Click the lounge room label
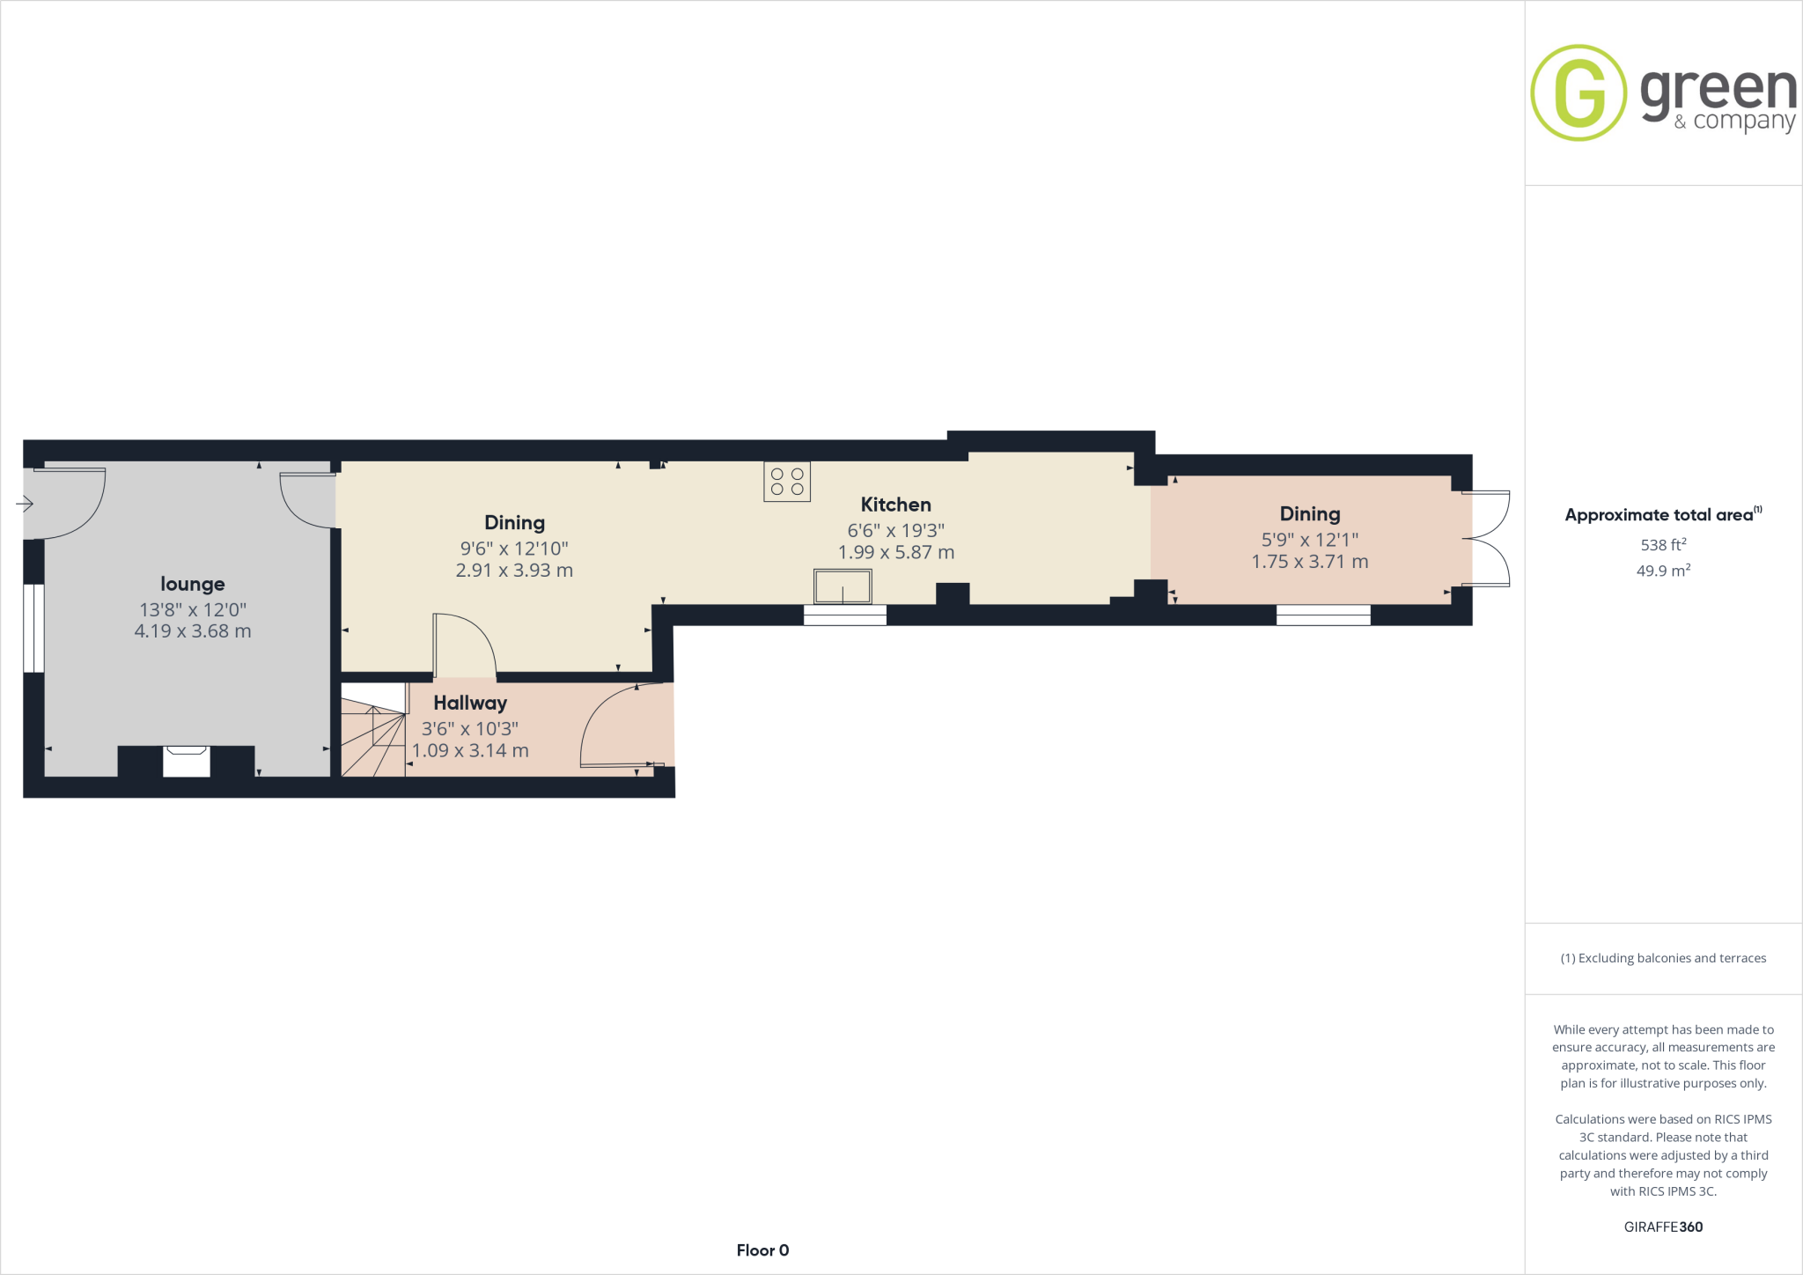(192, 584)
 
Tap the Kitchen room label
(895, 505)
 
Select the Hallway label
(470, 703)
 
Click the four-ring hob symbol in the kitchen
(787, 482)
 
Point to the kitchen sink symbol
(843, 586)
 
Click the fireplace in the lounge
(187, 761)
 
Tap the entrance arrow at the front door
(25, 504)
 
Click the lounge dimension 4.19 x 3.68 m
(192, 631)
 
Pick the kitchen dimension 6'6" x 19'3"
(895, 530)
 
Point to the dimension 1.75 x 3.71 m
(1310, 562)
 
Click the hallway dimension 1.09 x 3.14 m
(470, 751)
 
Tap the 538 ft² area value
(1663, 545)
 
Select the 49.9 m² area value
(1663, 571)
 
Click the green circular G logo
(1579, 92)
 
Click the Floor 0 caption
(762, 1250)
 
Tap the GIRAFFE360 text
(1663, 1227)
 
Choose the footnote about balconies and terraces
(1663, 958)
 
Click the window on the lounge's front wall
(33, 628)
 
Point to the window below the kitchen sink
(845, 615)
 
